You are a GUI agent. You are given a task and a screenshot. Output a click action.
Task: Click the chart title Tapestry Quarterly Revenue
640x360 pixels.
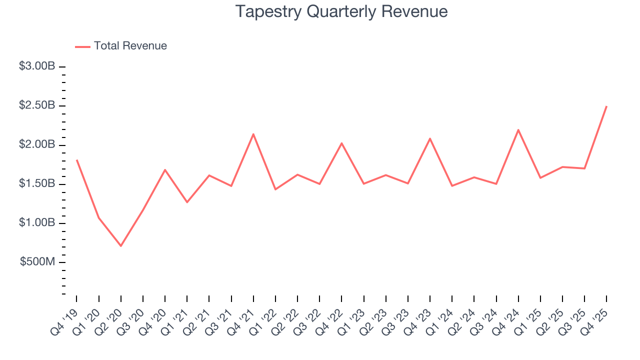coord(341,11)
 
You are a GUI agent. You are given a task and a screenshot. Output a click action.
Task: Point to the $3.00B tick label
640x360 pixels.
coord(37,66)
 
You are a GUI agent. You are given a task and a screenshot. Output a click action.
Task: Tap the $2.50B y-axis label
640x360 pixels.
coord(37,106)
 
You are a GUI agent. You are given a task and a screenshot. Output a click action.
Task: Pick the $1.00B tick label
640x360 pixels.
coord(37,223)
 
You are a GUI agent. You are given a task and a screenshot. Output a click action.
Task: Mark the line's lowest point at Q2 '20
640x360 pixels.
coord(121,245)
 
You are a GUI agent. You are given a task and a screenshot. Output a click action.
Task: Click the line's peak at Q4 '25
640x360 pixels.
coord(606,106)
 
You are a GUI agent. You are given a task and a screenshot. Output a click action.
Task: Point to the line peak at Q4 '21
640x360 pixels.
coord(253,134)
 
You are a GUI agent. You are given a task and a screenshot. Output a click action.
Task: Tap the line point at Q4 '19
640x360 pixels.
coord(77,160)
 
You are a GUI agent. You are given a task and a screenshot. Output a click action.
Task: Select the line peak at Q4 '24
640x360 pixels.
coord(518,130)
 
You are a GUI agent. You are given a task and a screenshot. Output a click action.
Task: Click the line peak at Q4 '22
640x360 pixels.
coord(341,143)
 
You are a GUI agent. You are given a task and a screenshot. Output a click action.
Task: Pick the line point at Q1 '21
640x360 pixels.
coord(187,202)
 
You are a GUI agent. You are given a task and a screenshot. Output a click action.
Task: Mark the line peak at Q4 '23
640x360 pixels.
coord(430,138)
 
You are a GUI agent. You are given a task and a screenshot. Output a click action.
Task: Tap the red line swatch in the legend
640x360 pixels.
coord(82,46)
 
